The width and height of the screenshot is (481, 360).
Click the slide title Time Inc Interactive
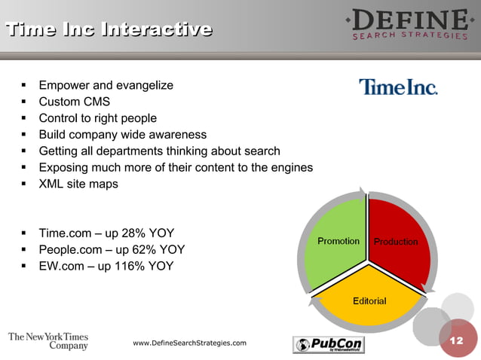pyautogui.click(x=109, y=30)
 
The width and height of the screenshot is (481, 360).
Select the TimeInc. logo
pyautogui.click(x=397, y=87)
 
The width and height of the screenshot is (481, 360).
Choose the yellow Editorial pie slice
pyautogui.click(x=369, y=297)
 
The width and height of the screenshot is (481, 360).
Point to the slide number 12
pyautogui.click(x=456, y=341)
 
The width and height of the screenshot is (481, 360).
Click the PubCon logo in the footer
pyautogui.click(x=328, y=344)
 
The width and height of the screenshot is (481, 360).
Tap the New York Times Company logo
pyautogui.click(x=49, y=341)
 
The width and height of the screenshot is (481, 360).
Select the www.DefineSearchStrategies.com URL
pyautogui.click(x=189, y=343)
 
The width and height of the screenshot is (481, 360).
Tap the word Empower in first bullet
pyautogui.click(x=66, y=85)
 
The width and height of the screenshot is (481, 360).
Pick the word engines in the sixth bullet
pyautogui.click(x=292, y=168)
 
